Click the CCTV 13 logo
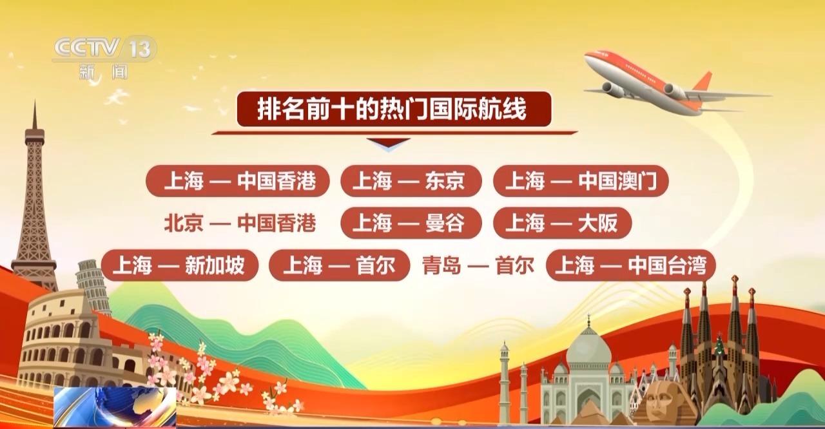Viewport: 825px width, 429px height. pyautogui.click(x=104, y=57)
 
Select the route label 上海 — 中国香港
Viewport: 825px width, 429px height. pyautogui.click(x=238, y=181)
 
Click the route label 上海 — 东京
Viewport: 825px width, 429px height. pyautogui.click(x=411, y=181)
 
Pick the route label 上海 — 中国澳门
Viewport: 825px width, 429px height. pyautogui.click(x=581, y=181)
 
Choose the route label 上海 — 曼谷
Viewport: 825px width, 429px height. pyautogui.click(x=411, y=223)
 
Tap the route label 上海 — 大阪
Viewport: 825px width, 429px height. pyautogui.click(x=563, y=223)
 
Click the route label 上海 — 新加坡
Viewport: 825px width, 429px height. pyautogui.click(x=180, y=265)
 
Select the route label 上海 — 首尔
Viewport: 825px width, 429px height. pyautogui.click(x=339, y=265)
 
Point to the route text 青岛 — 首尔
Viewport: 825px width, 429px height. pyautogui.click(x=478, y=265)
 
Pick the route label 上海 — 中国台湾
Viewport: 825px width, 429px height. pyautogui.click(x=631, y=265)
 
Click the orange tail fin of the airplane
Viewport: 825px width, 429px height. pyautogui.click(x=704, y=82)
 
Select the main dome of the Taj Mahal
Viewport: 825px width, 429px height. pyautogui.click(x=588, y=348)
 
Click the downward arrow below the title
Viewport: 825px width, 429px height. pyautogui.click(x=389, y=143)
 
